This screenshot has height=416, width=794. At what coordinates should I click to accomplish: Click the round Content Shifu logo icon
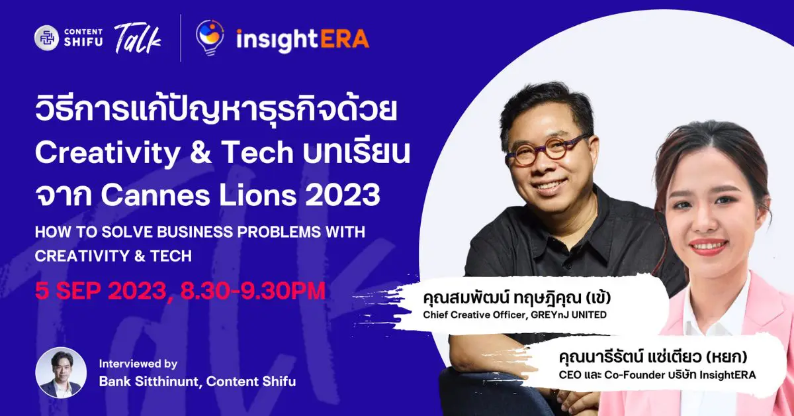46,38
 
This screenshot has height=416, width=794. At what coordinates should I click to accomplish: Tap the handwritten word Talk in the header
138,39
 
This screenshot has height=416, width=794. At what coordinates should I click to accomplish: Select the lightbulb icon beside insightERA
210,38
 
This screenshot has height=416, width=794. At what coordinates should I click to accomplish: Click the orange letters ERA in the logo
345,38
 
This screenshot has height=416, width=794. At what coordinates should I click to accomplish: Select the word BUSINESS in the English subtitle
195,232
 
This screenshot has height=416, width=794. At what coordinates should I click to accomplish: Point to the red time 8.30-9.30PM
253,291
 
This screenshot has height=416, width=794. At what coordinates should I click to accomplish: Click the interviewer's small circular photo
61,372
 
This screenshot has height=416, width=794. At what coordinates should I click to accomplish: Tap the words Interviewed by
138,364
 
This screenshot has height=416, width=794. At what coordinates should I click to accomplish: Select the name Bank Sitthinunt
149,382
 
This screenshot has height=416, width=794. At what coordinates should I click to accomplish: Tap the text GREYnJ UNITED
568,315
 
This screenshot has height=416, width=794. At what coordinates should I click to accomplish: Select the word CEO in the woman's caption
568,375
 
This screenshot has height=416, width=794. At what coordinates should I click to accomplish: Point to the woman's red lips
709,246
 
